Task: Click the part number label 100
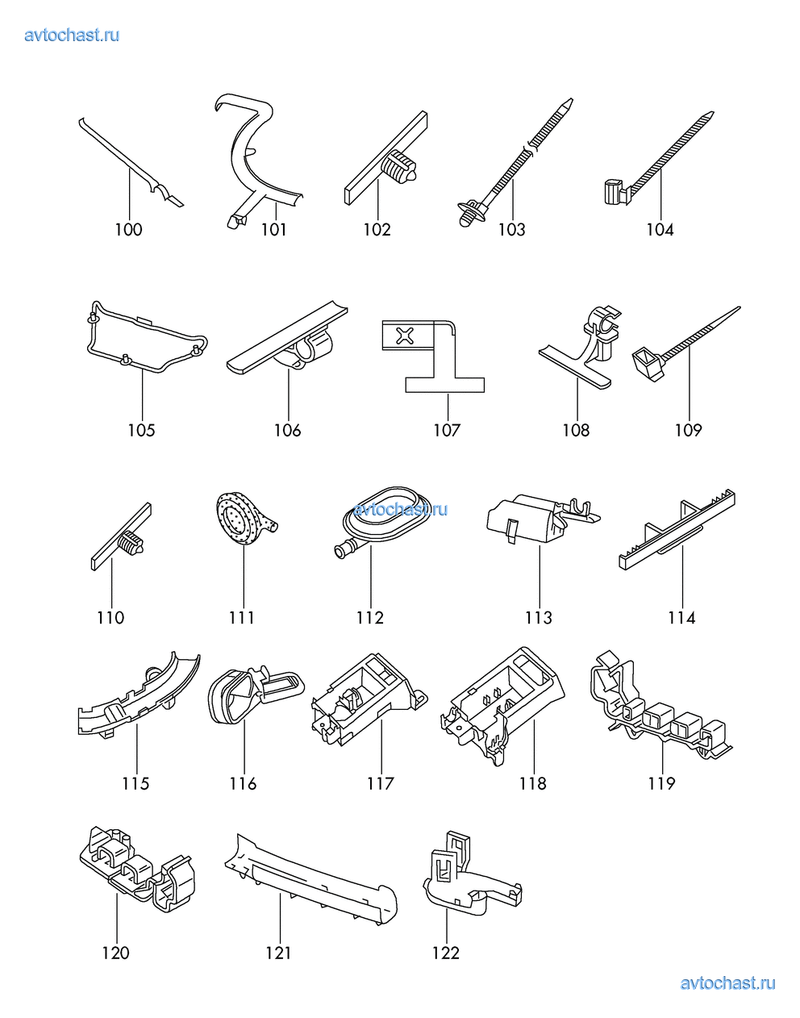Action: pos(129,230)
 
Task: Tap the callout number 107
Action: pos(447,430)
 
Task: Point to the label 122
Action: pos(446,953)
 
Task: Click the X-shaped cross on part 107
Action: pos(404,336)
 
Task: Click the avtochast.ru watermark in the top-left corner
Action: pos(72,35)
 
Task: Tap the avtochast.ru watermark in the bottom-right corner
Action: pos(728,983)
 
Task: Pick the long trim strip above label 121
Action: pos(310,879)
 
